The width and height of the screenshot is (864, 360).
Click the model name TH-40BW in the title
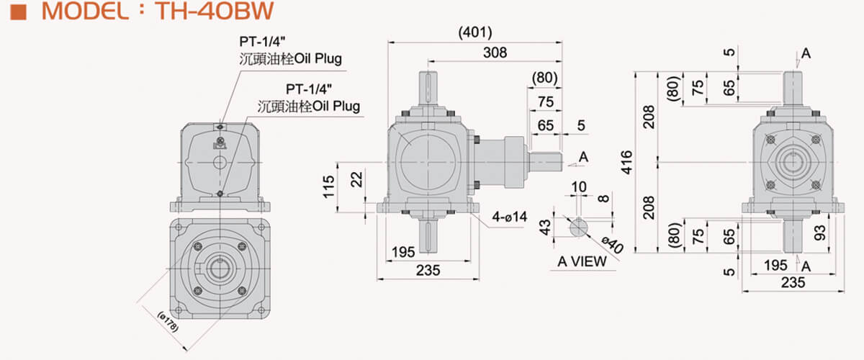click(215, 11)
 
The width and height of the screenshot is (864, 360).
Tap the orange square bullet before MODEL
click(18, 12)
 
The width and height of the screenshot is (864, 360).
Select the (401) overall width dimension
click(474, 32)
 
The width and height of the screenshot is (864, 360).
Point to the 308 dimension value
click(495, 53)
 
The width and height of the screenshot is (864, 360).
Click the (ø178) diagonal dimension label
click(168, 322)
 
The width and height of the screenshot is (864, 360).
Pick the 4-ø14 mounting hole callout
click(509, 217)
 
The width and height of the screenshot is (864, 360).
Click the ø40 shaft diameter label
click(613, 245)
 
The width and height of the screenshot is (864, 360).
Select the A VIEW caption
click(582, 261)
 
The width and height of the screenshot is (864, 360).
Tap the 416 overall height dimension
click(627, 163)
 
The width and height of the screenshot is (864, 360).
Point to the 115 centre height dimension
click(328, 187)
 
